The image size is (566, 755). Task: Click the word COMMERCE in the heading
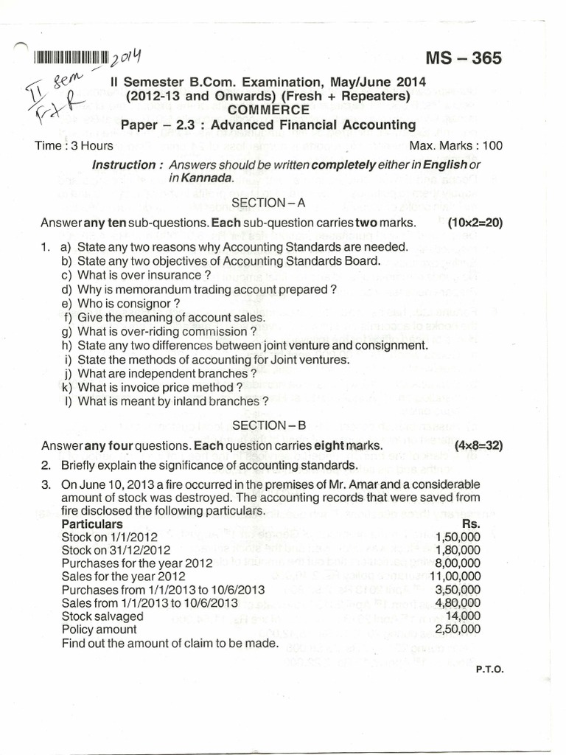coord(268,110)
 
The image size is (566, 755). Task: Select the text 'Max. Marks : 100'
coord(455,145)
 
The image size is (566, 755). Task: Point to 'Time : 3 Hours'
coord(74,145)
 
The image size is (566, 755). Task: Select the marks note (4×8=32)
coord(478,446)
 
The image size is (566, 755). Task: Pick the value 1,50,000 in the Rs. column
coord(458,537)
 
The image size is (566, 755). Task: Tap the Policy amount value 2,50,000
coord(458,630)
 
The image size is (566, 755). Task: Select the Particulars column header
coord(92,523)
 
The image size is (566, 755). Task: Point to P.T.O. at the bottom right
coord(489,669)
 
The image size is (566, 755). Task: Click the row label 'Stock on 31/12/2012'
coord(116,550)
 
